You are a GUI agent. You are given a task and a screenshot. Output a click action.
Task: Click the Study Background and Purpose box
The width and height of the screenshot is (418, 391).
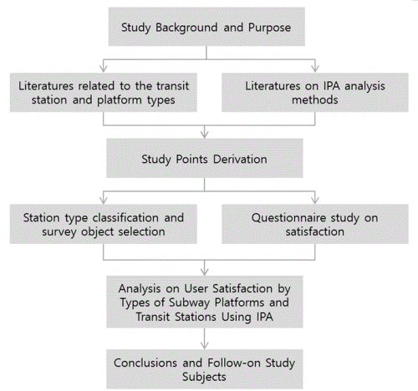[x=206, y=27]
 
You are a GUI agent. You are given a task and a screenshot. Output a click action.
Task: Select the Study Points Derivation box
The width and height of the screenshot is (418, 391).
[x=205, y=158]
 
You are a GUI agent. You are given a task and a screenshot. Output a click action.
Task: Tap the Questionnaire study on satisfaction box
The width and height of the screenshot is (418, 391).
[x=315, y=224]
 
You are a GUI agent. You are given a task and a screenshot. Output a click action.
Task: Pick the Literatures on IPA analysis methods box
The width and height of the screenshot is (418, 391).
[x=315, y=93]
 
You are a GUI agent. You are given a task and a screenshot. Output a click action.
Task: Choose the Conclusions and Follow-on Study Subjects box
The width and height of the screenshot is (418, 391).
[x=205, y=369]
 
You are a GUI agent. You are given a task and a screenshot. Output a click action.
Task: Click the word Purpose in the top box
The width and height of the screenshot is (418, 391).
[x=269, y=28]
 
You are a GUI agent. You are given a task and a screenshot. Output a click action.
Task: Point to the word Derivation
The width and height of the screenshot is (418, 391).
[x=240, y=160]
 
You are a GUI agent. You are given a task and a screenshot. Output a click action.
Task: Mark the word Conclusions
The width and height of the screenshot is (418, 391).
[x=145, y=363]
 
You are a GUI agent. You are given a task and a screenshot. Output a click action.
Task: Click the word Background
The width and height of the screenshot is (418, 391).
[x=186, y=28]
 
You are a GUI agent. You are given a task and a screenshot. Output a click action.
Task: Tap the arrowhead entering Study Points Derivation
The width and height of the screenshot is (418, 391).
[x=205, y=135]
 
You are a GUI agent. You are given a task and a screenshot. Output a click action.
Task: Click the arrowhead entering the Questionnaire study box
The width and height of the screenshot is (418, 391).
[x=315, y=201]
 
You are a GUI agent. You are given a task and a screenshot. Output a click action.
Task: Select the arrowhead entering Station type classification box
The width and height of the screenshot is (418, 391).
[x=104, y=201]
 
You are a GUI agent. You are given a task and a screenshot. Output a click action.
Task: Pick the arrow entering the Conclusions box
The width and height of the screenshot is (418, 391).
[x=205, y=338]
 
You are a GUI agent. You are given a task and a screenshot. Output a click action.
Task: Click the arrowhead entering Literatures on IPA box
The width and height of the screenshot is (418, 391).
[x=315, y=69]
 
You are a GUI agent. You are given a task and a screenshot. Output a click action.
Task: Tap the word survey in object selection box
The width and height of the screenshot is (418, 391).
[x=59, y=232]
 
